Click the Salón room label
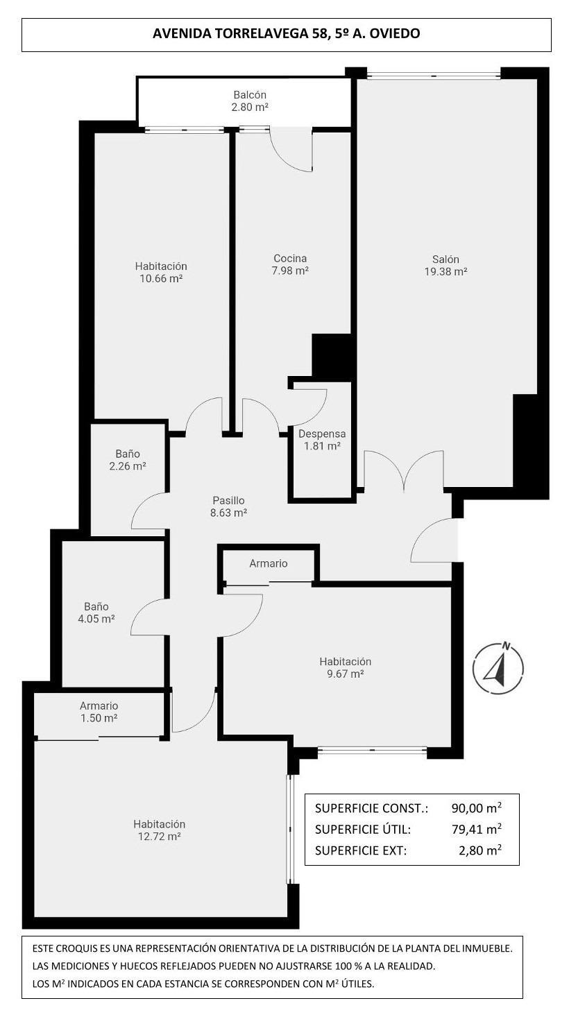pyautogui.click(x=445, y=259)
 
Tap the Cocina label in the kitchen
pyautogui.click(x=290, y=258)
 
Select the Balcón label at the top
pyautogui.click(x=250, y=94)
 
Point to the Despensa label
pyautogui.click(x=322, y=434)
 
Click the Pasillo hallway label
pyautogui.click(x=228, y=501)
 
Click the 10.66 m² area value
pyautogui.click(x=161, y=278)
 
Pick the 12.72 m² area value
pyautogui.click(x=159, y=837)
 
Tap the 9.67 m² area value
pyautogui.click(x=346, y=674)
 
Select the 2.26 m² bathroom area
pyautogui.click(x=128, y=465)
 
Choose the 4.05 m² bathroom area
pyautogui.click(x=96, y=619)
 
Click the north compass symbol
pyautogui.click(x=498, y=668)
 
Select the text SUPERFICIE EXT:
pyautogui.click(x=361, y=850)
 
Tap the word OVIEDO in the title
pyautogui.click(x=395, y=33)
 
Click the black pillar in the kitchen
pyautogui.click(x=332, y=357)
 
